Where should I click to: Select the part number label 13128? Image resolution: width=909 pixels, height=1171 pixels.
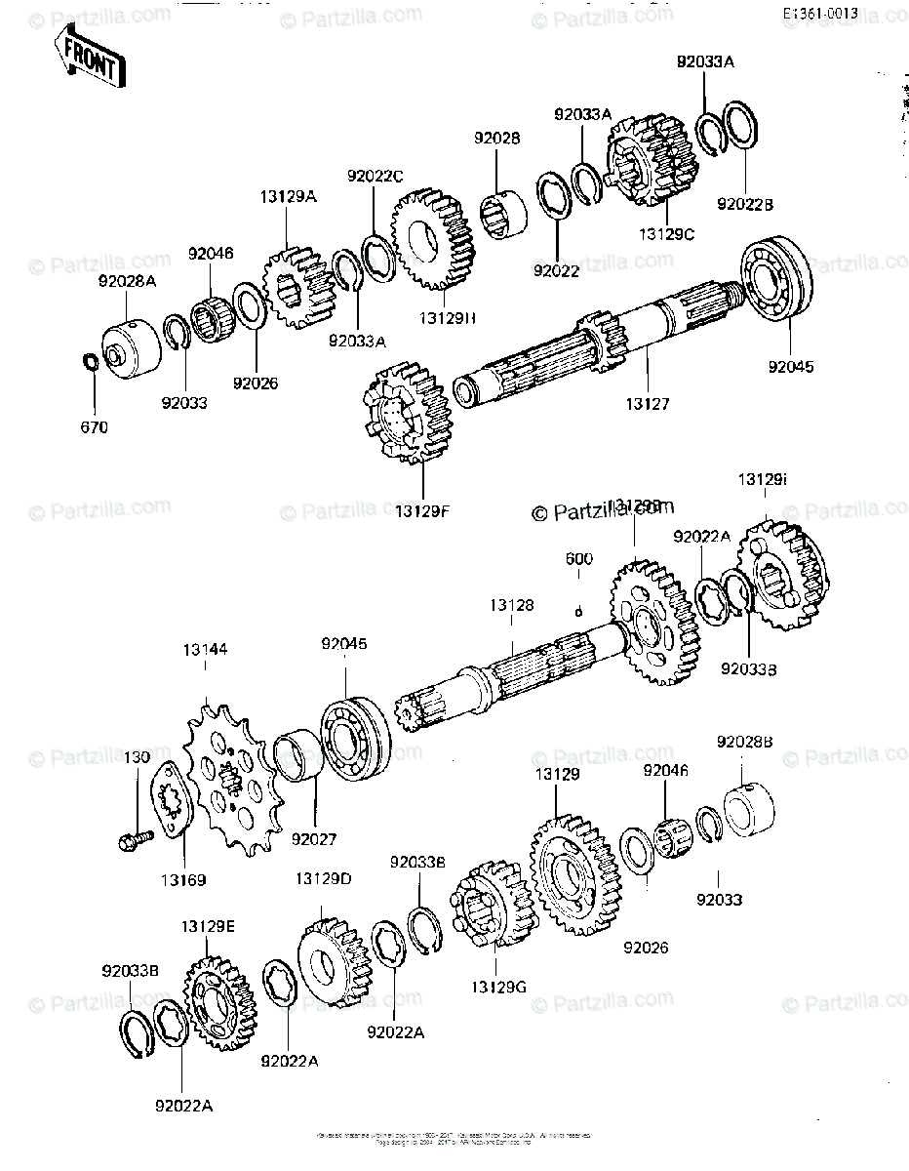511,606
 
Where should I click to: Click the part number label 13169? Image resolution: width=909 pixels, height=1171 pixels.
183,880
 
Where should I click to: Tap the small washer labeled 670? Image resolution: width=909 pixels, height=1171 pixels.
88,362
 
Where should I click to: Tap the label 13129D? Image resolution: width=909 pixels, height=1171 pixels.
323,879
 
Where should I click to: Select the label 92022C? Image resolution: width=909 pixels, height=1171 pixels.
375,177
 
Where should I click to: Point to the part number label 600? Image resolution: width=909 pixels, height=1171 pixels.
579,559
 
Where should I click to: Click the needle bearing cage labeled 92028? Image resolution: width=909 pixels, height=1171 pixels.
504,213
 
